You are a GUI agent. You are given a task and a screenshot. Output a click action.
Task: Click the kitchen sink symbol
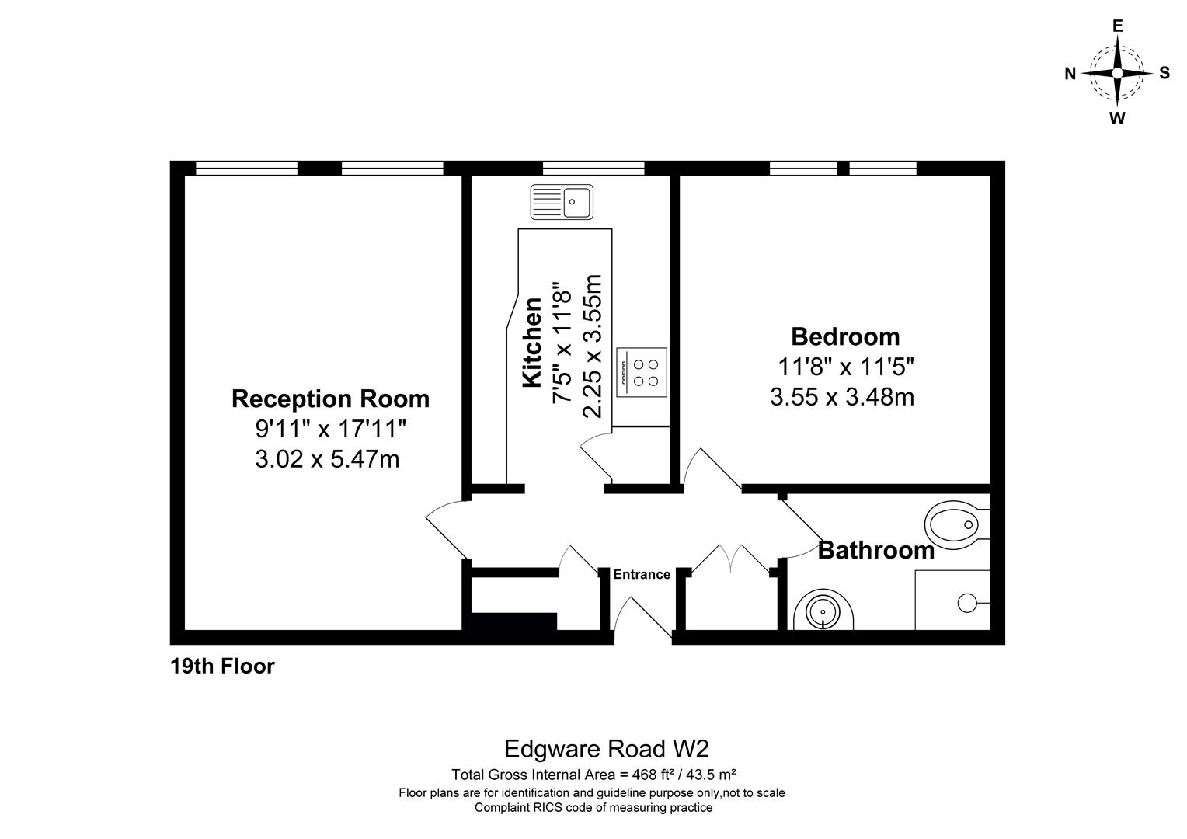tap(562, 202)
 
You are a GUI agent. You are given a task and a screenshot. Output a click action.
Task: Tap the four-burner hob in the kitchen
tap(642, 372)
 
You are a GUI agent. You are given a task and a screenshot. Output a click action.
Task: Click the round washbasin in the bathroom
tap(823, 611)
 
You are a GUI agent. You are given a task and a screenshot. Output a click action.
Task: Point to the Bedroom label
tap(845, 336)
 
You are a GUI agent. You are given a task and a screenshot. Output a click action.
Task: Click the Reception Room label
tap(330, 399)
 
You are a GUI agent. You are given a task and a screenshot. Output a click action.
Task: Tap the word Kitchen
tap(533, 342)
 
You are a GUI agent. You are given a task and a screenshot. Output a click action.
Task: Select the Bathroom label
tap(876, 550)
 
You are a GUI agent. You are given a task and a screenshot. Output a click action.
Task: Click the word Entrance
tap(642, 575)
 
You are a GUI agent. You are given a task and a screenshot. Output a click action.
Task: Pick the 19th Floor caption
tap(222, 667)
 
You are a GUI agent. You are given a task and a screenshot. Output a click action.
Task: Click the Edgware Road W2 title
tap(606, 750)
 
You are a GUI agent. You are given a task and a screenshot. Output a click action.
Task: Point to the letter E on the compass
tap(1118, 26)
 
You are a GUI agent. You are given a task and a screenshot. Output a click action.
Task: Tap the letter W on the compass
tap(1117, 118)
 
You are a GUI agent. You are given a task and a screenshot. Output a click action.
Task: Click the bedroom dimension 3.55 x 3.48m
tap(842, 397)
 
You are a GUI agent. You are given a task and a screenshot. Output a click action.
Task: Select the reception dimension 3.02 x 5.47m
tap(327, 459)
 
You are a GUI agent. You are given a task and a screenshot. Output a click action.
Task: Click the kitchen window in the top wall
tap(593, 168)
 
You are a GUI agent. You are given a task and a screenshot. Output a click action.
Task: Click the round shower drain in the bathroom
tap(967, 603)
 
